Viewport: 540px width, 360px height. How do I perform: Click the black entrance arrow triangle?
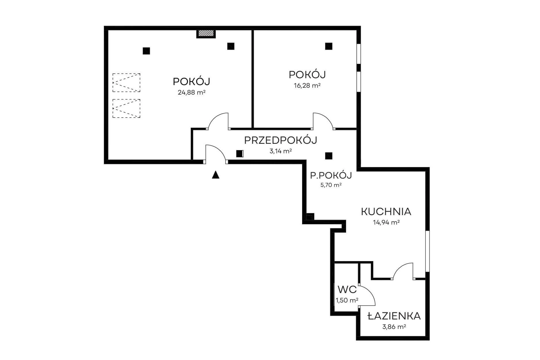pos(215,175)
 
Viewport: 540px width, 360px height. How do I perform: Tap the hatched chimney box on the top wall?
pos(206,34)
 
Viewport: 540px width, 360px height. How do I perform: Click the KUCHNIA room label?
pos(386,212)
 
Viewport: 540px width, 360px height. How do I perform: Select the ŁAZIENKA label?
pos(394,316)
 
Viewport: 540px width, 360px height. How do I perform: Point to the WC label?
pos(347,289)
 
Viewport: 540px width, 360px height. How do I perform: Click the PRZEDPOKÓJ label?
pos(281,140)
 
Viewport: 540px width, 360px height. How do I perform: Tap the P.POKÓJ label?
pos(331,175)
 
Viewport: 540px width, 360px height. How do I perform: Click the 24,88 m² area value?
pos(192,93)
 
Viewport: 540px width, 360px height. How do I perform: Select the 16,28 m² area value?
pos(307,85)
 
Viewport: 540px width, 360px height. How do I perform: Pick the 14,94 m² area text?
pos(386,222)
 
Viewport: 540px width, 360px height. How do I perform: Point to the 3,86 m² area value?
pos(394,327)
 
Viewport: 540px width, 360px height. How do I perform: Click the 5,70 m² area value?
pos(331,185)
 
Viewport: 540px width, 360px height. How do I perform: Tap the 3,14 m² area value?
pos(281,151)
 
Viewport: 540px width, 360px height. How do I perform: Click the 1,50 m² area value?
pos(347,300)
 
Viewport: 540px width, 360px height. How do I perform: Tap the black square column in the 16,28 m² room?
pos(329,46)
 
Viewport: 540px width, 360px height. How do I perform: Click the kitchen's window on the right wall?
pos(427,251)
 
